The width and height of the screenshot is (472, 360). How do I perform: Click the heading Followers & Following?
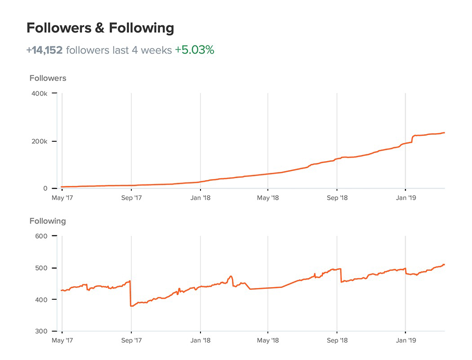tap(100, 28)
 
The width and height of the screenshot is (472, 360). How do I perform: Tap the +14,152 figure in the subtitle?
tap(44, 50)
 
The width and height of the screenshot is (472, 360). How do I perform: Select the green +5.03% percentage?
tap(194, 50)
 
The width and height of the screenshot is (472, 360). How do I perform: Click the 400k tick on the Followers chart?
tap(39, 94)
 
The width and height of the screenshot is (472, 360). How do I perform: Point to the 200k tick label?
tap(39, 141)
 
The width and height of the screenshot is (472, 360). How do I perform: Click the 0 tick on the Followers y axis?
tap(45, 189)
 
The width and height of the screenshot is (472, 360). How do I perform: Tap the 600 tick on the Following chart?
tap(41, 236)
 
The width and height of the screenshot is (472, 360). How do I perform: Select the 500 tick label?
tap(41, 268)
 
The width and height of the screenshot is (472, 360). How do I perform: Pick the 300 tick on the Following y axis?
tap(41, 332)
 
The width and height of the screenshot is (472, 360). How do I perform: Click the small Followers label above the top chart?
tap(48, 78)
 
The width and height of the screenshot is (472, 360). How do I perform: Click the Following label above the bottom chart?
tap(48, 221)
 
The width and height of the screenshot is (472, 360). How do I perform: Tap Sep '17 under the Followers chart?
tap(131, 198)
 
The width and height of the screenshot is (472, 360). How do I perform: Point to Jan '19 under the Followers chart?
tap(406, 198)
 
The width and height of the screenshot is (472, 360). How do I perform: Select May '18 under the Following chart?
tap(268, 341)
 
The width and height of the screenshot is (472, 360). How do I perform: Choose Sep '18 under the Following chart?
tap(337, 341)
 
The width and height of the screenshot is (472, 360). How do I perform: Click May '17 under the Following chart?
tap(62, 341)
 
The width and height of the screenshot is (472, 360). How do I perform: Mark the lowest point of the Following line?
tap(131, 306)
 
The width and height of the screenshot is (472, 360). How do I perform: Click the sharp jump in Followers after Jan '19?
tap(412, 138)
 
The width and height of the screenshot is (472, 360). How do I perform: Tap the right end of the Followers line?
tap(444, 133)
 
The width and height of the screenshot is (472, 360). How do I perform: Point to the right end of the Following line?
tap(444, 265)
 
